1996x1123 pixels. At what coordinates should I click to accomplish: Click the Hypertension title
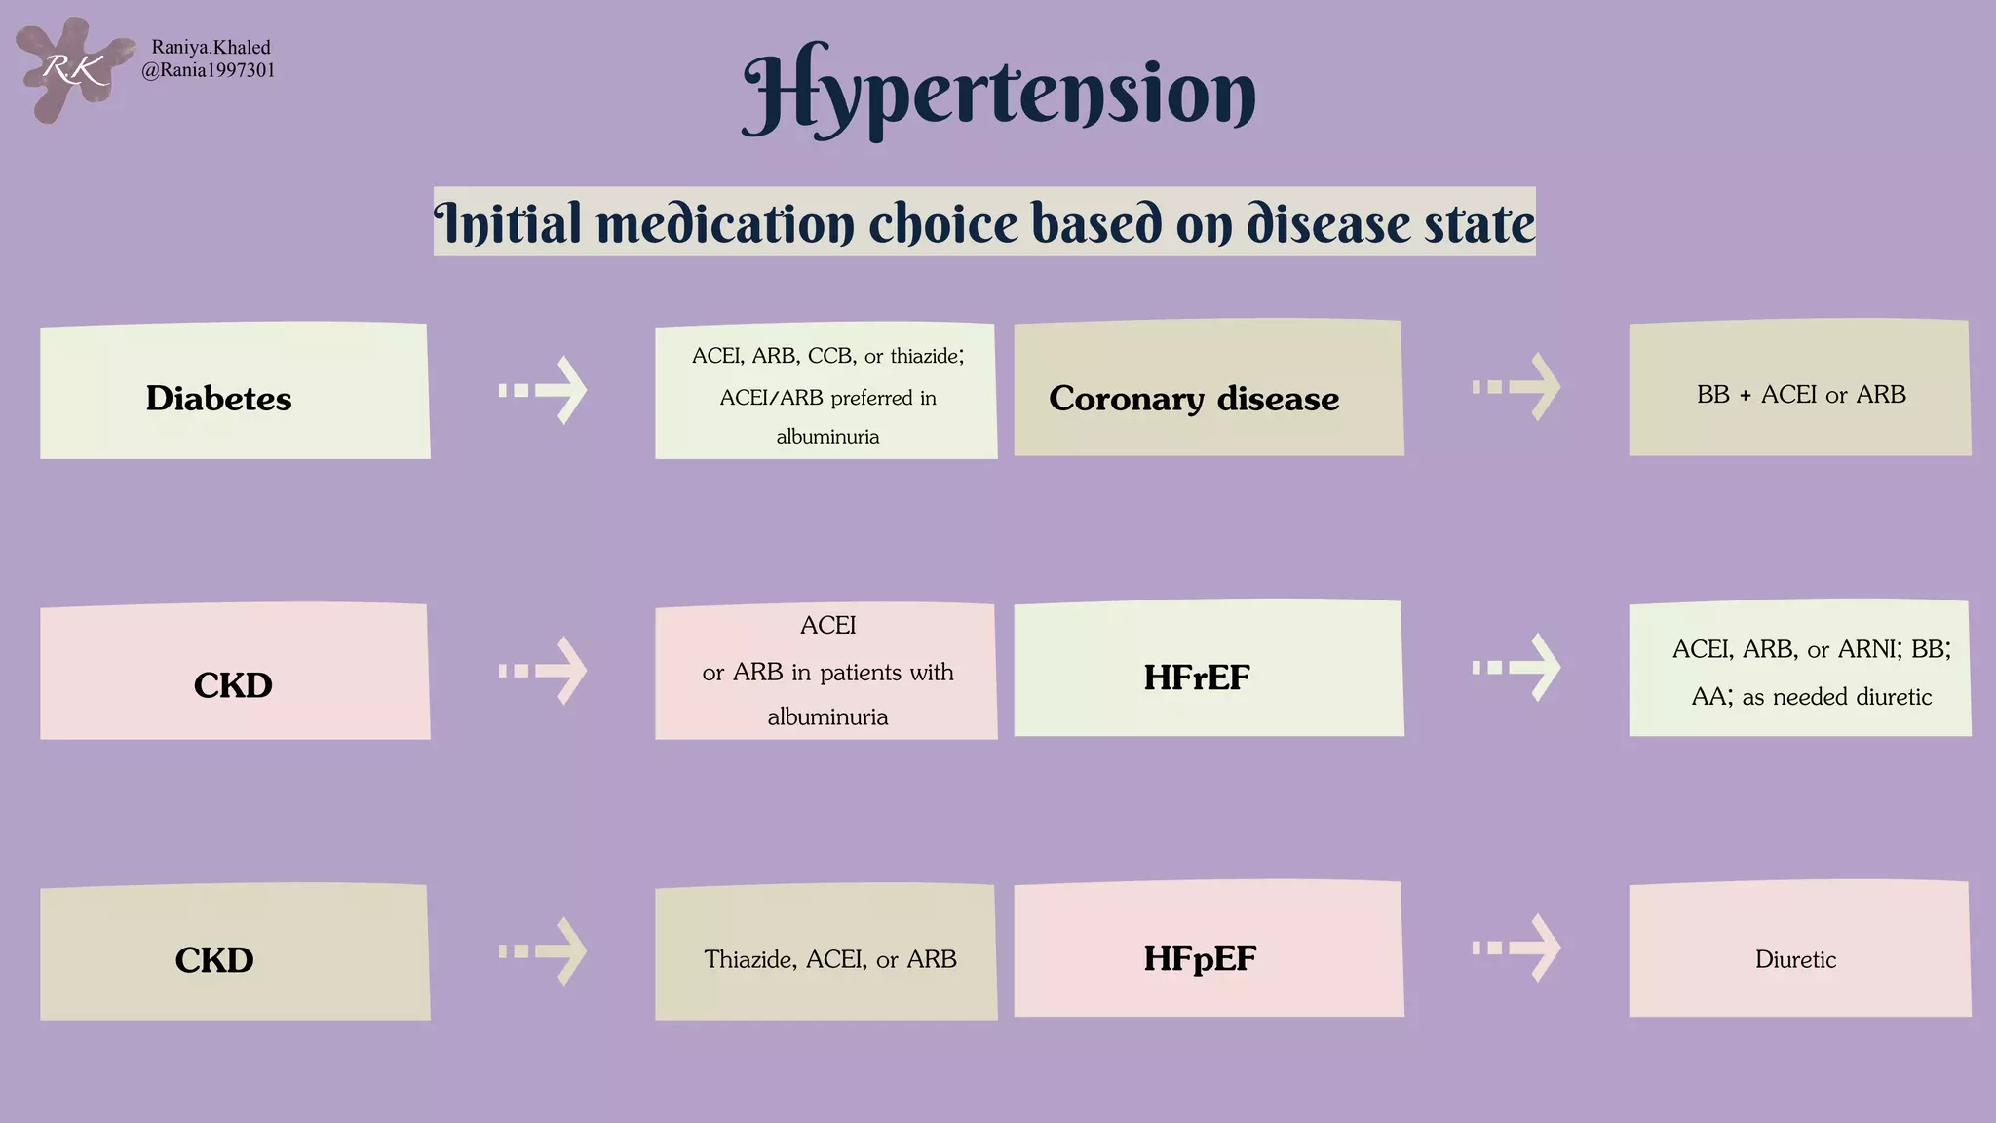point(999,92)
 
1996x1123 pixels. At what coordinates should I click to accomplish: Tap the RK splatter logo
point(72,69)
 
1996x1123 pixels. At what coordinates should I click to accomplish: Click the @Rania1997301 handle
point(209,70)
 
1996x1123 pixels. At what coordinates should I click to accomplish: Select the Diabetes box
point(234,392)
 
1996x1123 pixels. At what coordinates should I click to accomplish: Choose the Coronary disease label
point(1194,398)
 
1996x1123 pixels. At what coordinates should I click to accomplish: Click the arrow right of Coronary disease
point(1517,387)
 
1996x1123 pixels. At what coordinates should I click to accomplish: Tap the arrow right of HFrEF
point(1517,667)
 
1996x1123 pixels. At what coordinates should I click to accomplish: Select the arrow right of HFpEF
point(1517,948)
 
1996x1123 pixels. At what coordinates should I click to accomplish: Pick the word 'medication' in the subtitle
point(724,223)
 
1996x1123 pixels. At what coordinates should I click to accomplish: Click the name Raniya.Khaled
point(211,47)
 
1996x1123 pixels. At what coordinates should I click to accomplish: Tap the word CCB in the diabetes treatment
point(831,356)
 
